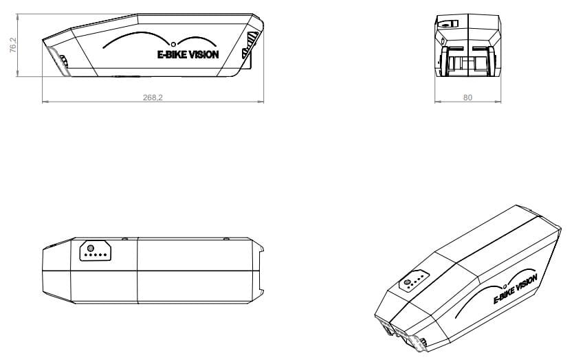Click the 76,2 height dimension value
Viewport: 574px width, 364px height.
point(13,45)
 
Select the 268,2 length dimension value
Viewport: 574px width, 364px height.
point(153,98)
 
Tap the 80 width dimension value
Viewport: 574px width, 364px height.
point(468,98)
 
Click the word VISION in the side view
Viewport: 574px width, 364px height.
point(204,54)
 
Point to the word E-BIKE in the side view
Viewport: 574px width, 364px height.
point(172,54)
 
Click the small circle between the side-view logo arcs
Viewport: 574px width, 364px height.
point(173,44)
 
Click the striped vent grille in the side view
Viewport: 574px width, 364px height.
point(251,45)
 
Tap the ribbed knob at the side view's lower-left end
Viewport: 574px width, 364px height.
point(64,60)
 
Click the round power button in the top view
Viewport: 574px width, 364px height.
point(91,249)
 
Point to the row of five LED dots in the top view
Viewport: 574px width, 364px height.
point(96,255)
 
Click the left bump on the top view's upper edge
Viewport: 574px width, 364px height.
point(125,238)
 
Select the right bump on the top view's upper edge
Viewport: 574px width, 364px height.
point(226,238)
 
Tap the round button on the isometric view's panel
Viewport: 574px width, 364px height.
point(407,282)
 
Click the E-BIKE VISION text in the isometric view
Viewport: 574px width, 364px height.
point(516,289)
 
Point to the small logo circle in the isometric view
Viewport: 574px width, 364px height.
point(505,286)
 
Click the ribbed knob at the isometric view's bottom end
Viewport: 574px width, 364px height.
point(423,343)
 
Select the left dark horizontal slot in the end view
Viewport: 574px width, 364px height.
point(456,49)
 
